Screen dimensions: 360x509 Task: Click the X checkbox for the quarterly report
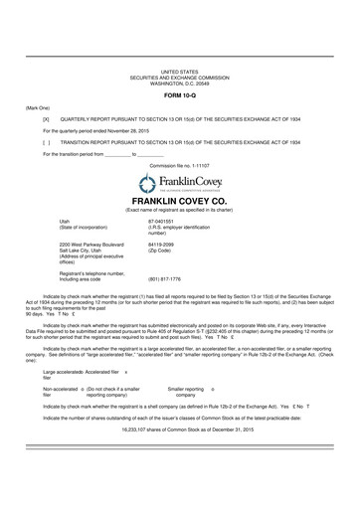coord(46,118)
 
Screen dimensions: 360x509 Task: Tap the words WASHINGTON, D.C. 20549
coord(180,83)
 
